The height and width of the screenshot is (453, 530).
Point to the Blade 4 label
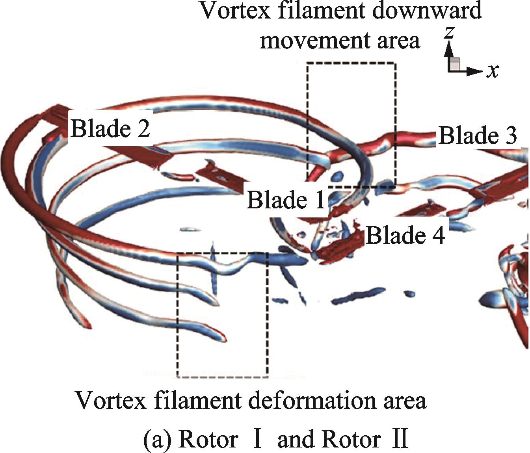point(405,236)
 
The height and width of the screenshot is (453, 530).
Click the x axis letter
point(492,71)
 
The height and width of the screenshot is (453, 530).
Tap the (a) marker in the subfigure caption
point(158,439)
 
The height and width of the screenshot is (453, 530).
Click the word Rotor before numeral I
point(208,439)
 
